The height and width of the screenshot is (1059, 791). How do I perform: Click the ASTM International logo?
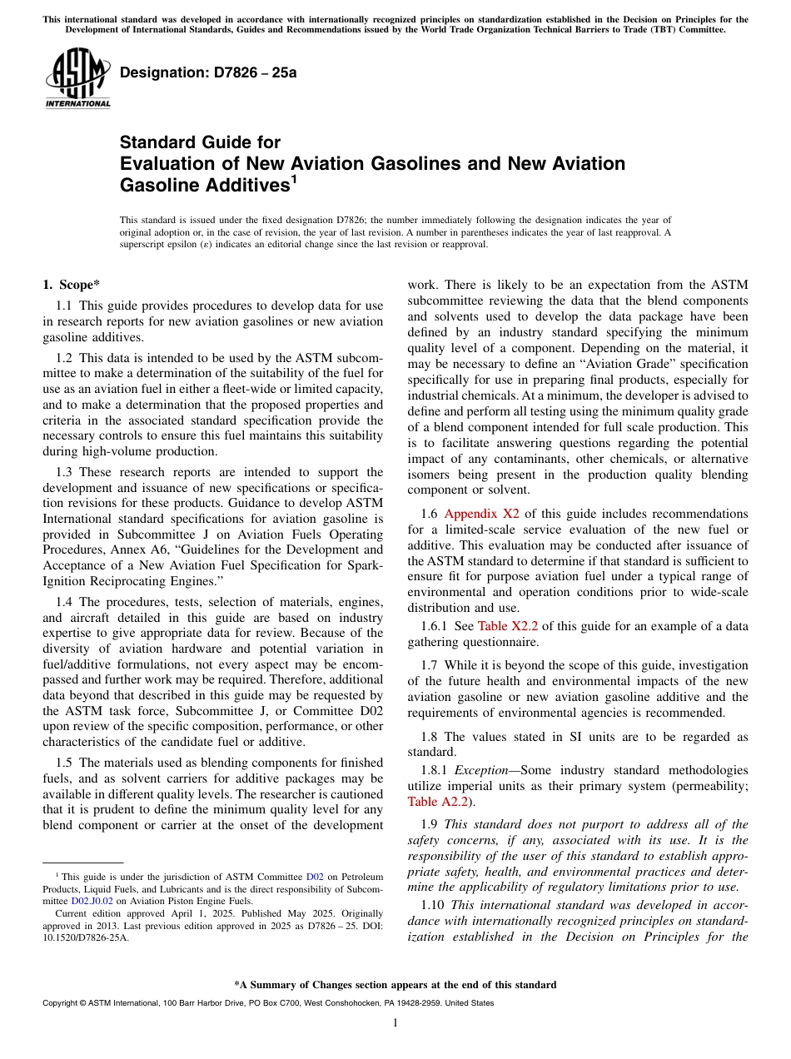click(77, 78)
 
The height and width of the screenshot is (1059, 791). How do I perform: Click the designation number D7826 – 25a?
click(208, 73)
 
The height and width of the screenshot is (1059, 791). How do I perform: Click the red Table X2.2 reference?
click(509, 626)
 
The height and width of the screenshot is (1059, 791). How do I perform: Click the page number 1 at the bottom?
click(395, 1023)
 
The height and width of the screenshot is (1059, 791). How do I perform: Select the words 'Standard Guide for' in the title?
click(200, 142)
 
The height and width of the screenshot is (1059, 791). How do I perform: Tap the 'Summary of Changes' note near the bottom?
click(395, 985)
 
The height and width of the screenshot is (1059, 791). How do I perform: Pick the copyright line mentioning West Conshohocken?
click(267, 1003)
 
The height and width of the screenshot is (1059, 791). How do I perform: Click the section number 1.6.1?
click(438, 626)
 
